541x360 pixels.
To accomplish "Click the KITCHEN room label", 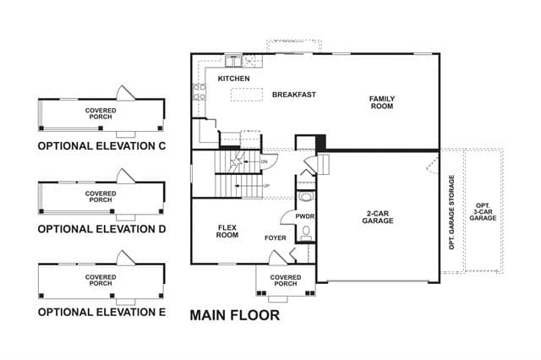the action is pyautogui.click(x=233, y=79).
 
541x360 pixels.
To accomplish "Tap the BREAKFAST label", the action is pyautogui.click(x=294, y=95).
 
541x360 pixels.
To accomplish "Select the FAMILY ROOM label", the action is pyautogui.click(x=382, y=102).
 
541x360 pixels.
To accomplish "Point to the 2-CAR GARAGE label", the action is pyautogui.click(x=378, y=217).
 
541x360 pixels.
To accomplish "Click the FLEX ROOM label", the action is pyautogui.click(x=227, y=232).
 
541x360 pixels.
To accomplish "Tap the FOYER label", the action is pyautogui.click(x=276, y=238).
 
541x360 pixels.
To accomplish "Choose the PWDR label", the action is pyautogui.click(x=305, y=216).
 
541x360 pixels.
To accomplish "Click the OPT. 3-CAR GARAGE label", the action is pyautogui.click(x=483, y=212).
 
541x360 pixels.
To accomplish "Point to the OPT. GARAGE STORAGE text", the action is pyautogui.click(x=451, y=212).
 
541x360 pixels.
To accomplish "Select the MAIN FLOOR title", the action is pyautogui.click(x=235, y=315).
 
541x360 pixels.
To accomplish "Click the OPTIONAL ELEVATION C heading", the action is pyautogui.click(x=101, y=146).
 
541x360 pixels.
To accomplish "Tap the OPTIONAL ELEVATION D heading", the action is pyautogui.click(x=101, y=229).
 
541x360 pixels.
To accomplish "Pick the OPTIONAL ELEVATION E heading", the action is pyautogui.click(x=101, y=312).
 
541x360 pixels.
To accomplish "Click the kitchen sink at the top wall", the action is pyautogui.click(x=234, y=62).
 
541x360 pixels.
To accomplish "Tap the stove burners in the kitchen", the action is pyautogui.click(x=199, y=92).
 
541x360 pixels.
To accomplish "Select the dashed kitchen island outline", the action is pyautogui.click(x=246, y=95).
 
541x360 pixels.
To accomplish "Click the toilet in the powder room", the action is pyautogui.click(x=306, y=232).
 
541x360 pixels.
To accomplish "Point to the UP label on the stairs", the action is pyautogui.click(x=266, y=186).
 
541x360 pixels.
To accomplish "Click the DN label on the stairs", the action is pyautogui.click(x=264, y=161).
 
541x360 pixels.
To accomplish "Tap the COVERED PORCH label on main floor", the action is pyautogui.click(x=286, y=281).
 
